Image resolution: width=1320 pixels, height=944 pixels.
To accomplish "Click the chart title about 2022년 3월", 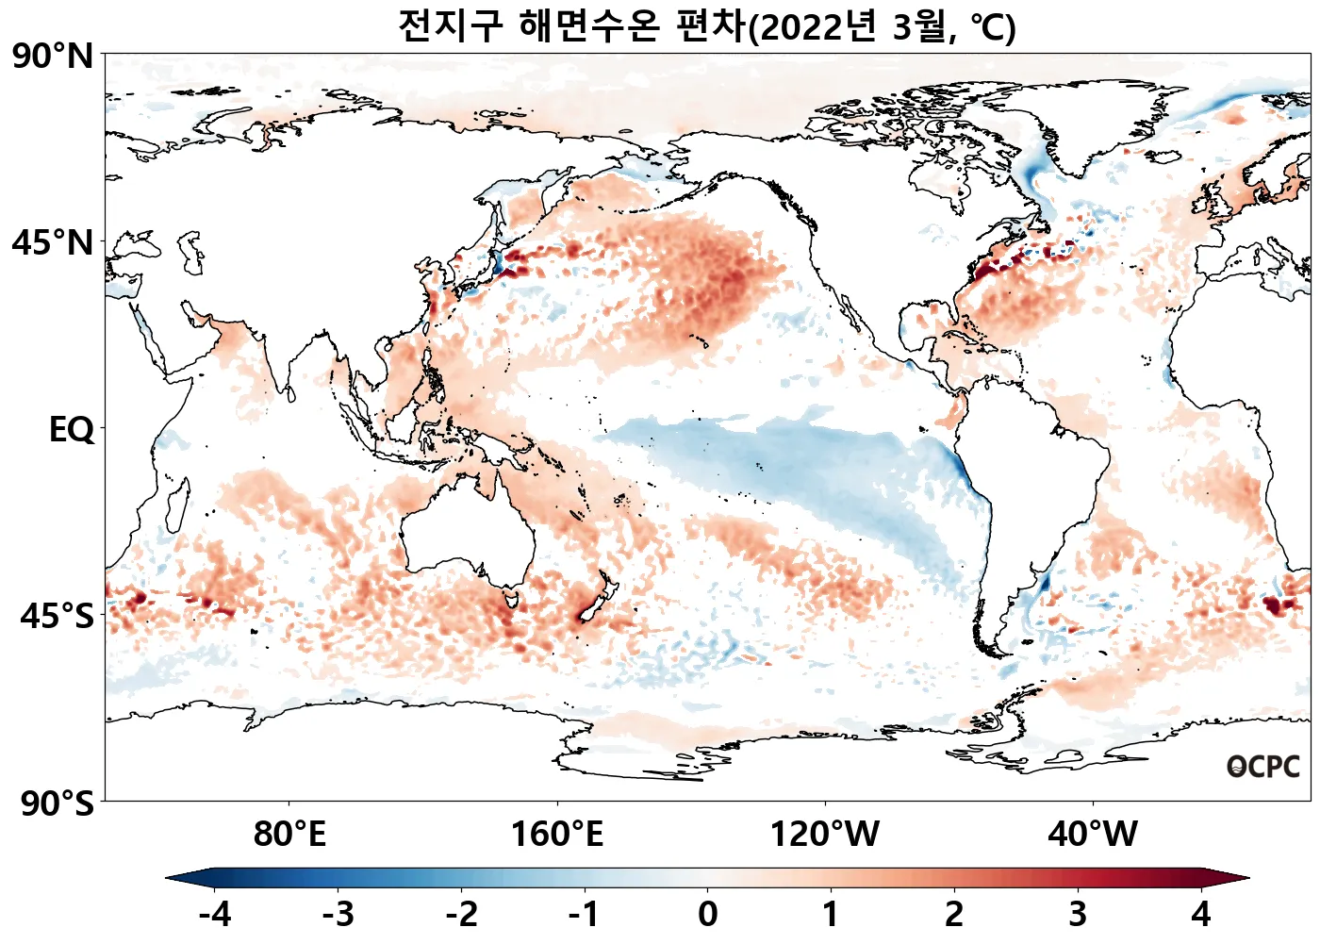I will point(706,26).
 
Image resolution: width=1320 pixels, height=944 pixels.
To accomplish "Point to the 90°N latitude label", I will point(53,57).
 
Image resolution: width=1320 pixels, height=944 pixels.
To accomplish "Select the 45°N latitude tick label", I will point(53,243).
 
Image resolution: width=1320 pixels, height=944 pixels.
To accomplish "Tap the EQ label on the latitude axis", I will point(72,430).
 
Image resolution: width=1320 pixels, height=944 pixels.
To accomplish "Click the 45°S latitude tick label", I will point(57,617).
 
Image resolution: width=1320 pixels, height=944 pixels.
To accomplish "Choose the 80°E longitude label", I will point(289,835).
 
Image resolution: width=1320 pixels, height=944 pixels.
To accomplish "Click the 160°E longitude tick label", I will point(556,835).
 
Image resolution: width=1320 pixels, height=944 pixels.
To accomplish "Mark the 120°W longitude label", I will point(825,835).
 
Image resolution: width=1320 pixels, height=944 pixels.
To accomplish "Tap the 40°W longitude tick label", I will point(1093,835).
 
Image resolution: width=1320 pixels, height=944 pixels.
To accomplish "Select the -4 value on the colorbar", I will point(215,914).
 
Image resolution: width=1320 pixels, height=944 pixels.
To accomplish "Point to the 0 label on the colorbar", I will point(707,914).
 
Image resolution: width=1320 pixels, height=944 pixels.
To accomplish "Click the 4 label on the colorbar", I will point(1200,914).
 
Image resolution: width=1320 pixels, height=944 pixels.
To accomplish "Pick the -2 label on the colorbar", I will point(461,914).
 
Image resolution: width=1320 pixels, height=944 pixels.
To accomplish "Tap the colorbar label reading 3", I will point(1077,914).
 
